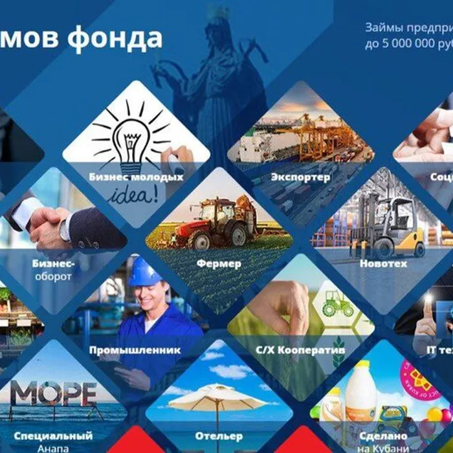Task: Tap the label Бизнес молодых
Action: [136, 177]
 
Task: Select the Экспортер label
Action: [300, 177]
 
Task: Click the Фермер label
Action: [219, 263]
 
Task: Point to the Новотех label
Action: [383, 263]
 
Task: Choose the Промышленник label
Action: [135, 350]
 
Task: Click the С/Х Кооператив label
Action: [300, 350]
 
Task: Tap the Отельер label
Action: [219, 436]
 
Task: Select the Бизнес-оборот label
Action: [53, 269]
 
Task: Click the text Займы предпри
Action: [408, 28]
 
